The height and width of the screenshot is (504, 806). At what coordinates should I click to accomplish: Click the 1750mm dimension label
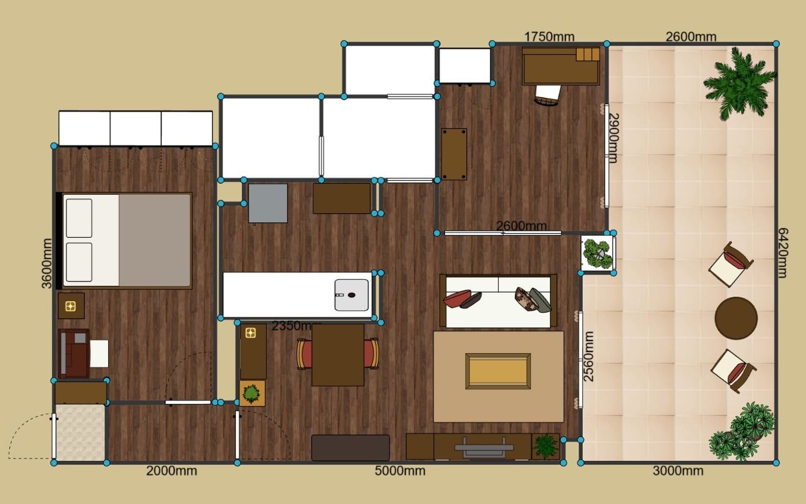tap(549, 37)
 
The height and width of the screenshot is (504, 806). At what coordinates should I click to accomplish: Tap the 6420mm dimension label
tap(782, 253)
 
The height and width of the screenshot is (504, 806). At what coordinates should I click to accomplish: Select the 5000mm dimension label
tap(400, 471)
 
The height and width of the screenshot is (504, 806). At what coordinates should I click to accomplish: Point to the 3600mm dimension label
tap(47, 264)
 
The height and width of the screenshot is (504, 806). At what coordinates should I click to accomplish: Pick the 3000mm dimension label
tap(678, 471)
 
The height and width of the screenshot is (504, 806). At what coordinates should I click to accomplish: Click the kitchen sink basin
tap(352, 295)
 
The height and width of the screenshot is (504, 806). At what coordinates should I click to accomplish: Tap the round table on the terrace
tap(736, 318)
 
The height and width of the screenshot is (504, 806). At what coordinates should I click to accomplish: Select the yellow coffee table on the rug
tap(498, 371)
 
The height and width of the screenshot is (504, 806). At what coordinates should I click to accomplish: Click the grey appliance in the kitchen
tap(268, 203)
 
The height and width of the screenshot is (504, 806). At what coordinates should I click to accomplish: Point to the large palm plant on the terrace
tap(737, 84)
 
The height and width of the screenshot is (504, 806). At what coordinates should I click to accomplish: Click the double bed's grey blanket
tap(155, 241)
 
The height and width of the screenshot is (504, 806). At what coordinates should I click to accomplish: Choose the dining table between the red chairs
tap(338, 355)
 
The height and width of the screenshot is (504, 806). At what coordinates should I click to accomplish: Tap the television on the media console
tap(484, 448)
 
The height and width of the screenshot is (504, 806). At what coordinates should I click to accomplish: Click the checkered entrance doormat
tap(81, 433)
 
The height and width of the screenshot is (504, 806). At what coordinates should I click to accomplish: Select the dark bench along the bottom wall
tap(351, 448)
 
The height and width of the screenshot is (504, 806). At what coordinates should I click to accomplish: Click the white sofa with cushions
tap(499, 301)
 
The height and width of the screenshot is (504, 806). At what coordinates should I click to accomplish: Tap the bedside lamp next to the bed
tap(71, 306)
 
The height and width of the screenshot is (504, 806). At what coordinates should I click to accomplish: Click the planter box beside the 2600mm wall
tap(598, 253)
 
